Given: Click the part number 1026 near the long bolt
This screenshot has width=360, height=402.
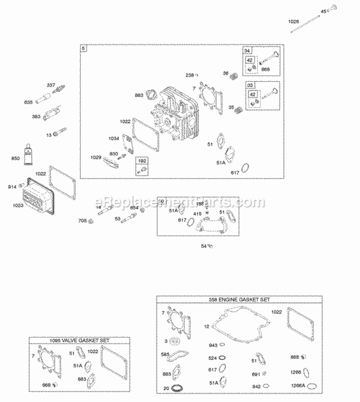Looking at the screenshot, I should point(293,21).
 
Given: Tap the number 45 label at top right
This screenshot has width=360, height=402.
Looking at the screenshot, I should point(323,11).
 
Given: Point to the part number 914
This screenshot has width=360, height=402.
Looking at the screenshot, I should point(12,186).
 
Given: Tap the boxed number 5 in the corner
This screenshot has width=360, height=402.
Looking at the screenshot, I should point(84,48).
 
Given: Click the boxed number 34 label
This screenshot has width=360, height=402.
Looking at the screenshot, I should point(247,51).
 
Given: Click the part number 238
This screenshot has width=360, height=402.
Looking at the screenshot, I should point(190,75).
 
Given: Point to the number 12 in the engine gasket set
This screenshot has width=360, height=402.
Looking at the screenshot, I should point(206,326).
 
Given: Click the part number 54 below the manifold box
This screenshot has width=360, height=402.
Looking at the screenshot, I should point(203,246).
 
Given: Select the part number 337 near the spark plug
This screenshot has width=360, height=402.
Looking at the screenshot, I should point(51,85).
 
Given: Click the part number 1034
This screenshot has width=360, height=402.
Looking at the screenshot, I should point(113,139).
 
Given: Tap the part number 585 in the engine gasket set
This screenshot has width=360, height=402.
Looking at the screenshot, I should point(165,355).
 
